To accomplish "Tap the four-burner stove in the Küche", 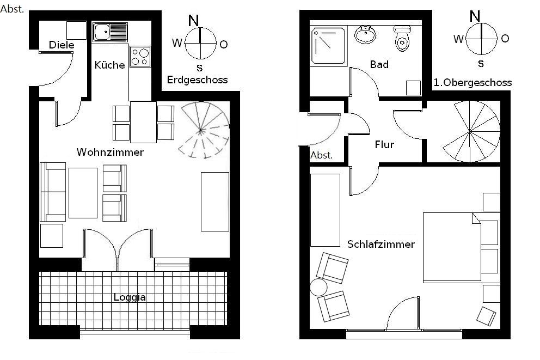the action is (x=140, y=57).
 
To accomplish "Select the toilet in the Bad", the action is (x=402, y=38).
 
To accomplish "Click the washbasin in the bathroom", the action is (x=365, y=34).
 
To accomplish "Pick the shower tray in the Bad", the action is (x=329, y=46).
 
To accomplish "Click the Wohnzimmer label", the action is (x=110, y=152).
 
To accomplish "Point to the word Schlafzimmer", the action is (x=381, y=244).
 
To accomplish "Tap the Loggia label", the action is (x=130, y=297).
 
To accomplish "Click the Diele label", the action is (x=62, y=45).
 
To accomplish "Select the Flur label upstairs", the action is (x=384, y=144).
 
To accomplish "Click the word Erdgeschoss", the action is (x=198, y=80).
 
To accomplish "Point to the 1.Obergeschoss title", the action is (x=472, y=83).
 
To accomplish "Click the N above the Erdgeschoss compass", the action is (x=194, y=21).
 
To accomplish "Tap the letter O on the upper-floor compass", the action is (x=505, y=38).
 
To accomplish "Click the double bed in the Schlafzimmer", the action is (x=452, y=247).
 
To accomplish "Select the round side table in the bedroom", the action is (x=318, y=288).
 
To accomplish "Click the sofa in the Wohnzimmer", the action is (x=53, y=192).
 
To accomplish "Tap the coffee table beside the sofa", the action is (x=83, y=193).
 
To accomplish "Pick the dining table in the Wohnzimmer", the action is (x=144, y=122).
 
